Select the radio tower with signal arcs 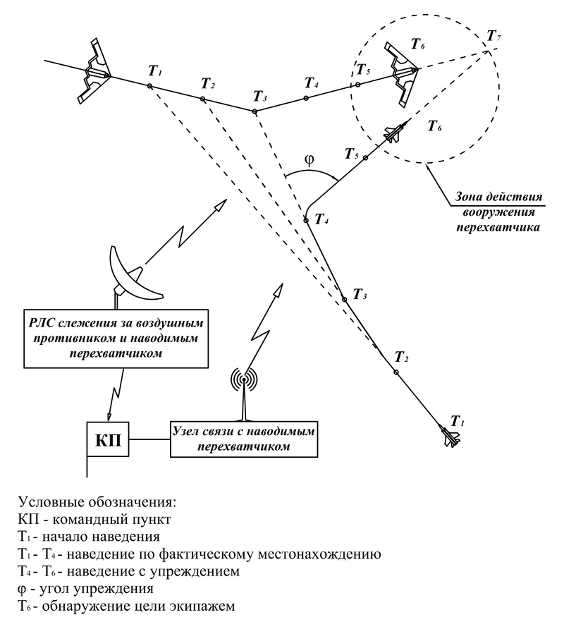point(243,391)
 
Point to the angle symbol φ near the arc point(308,159)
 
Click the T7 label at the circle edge point(496,35)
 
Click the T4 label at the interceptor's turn point(321,221)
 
